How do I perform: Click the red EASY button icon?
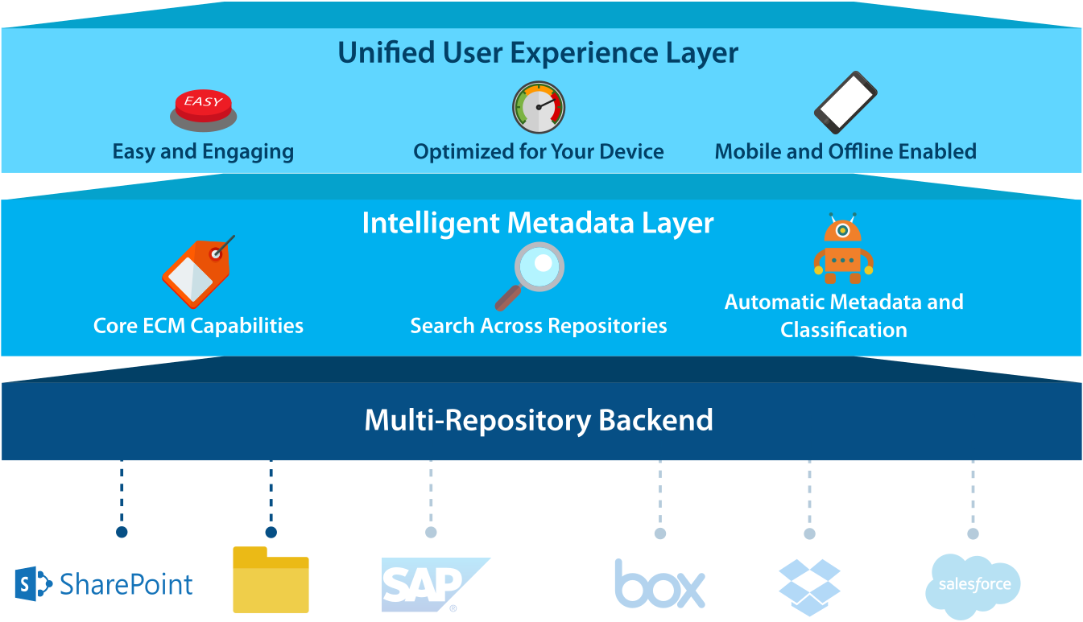[203, 110]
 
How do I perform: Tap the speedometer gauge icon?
[539, 107]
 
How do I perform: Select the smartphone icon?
[845, 103]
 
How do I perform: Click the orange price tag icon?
[196, 272]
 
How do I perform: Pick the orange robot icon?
[843, 249]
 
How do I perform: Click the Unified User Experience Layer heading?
[538, 53]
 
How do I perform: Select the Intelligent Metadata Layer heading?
[538, 223]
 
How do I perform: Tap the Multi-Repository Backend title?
[538, 420]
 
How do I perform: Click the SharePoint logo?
[105, 584]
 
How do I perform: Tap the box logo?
[659, 583]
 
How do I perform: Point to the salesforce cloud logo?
[973, 583]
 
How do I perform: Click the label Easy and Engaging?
[203, 151]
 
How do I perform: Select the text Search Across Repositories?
[538, 326]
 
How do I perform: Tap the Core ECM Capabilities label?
[198, 326]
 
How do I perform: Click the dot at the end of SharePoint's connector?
[122, 532]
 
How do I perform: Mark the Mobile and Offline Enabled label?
[845, 151]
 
